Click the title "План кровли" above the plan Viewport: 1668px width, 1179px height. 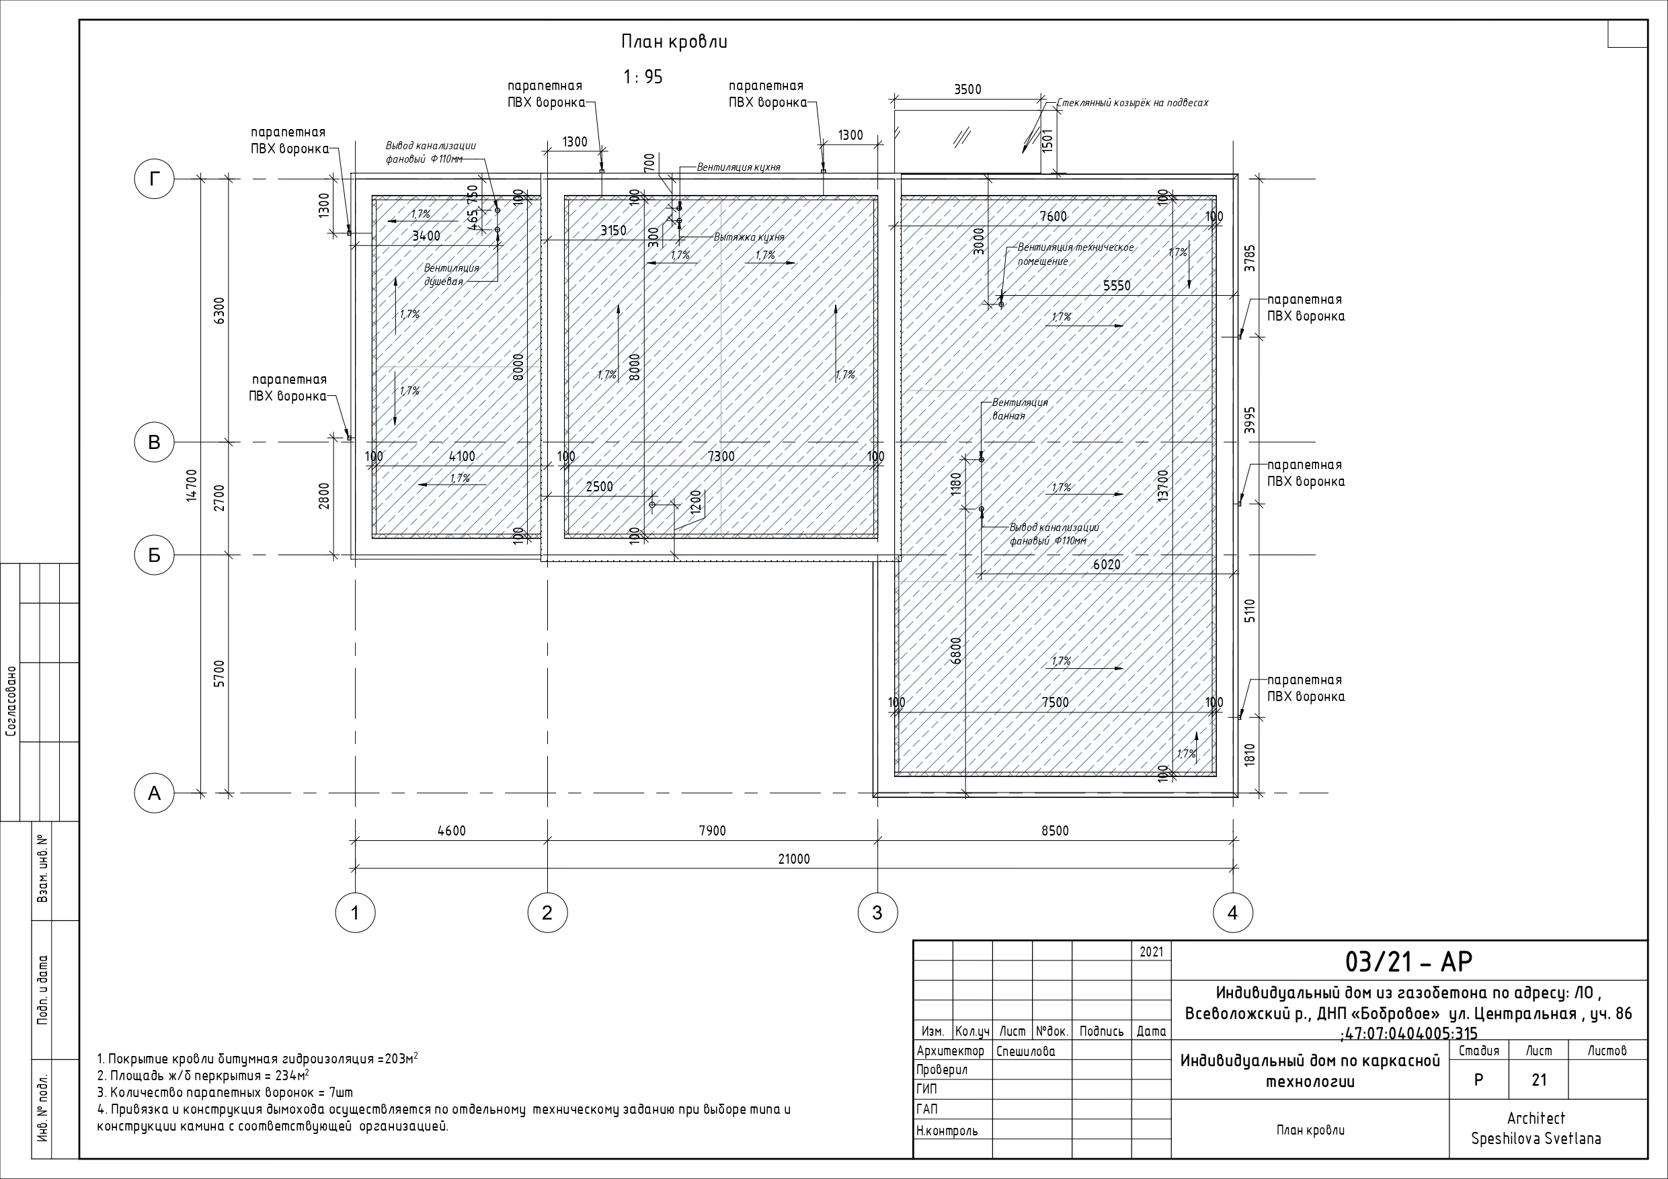[674, 42]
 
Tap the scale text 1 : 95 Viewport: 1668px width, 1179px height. [643, 77]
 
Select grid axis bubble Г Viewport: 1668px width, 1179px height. [154, 179]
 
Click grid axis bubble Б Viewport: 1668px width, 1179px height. [154, 555]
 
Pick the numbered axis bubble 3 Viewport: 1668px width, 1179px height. [877, 912]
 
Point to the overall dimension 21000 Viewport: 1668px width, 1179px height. [794, 859]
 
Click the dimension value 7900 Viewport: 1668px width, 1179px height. [712, 831]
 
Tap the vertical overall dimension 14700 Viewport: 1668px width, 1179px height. [192, 485]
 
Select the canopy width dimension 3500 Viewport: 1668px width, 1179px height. [967, 89]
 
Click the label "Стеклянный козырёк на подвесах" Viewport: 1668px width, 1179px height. [1133, 103]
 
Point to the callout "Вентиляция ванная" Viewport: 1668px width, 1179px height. [1020, 409]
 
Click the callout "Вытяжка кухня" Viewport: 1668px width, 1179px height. [749, 237]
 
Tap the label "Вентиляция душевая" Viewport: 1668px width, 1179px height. [451, 275]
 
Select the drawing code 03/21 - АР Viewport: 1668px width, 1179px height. [1408, 961]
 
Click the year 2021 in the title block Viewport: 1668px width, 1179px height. [1151, 952]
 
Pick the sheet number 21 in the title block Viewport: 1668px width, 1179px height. [1539, 1080]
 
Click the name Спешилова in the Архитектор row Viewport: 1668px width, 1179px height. [1026, 1051]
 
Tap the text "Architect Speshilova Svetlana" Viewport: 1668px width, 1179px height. [1536, 1128]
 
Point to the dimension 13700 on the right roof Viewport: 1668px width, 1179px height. [1163, 485]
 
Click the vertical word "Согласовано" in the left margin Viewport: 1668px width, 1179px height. [10, 702]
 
